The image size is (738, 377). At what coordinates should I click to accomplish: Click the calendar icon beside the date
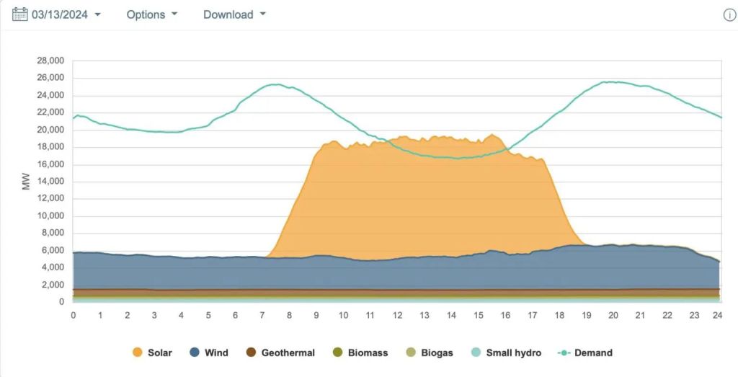[20, 14]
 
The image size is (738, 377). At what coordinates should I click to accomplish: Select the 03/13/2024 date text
[60, 14]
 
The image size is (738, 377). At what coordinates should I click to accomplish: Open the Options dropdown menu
[151, 14]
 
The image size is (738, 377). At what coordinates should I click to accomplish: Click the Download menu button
[234, 14]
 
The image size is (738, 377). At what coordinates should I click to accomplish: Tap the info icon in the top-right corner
[729, 15]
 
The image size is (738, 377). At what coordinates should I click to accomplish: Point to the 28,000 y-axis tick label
[50, 61]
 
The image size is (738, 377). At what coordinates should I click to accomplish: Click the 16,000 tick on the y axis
[50, 164]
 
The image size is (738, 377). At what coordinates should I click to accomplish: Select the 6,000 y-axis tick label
[53, 250]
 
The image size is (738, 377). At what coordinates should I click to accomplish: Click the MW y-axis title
[27, 181]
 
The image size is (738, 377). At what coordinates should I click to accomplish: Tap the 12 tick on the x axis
[397, 315]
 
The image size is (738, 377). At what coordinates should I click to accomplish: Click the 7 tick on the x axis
[262, 315]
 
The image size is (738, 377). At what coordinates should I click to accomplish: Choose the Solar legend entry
[153, 352]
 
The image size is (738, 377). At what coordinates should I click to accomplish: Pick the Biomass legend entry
[360, 352]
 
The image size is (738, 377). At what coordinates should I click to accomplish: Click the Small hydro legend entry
[505, 352]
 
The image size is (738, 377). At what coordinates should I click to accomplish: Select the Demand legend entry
[585, 352]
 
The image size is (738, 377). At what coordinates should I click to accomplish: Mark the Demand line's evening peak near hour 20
[612, 81]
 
